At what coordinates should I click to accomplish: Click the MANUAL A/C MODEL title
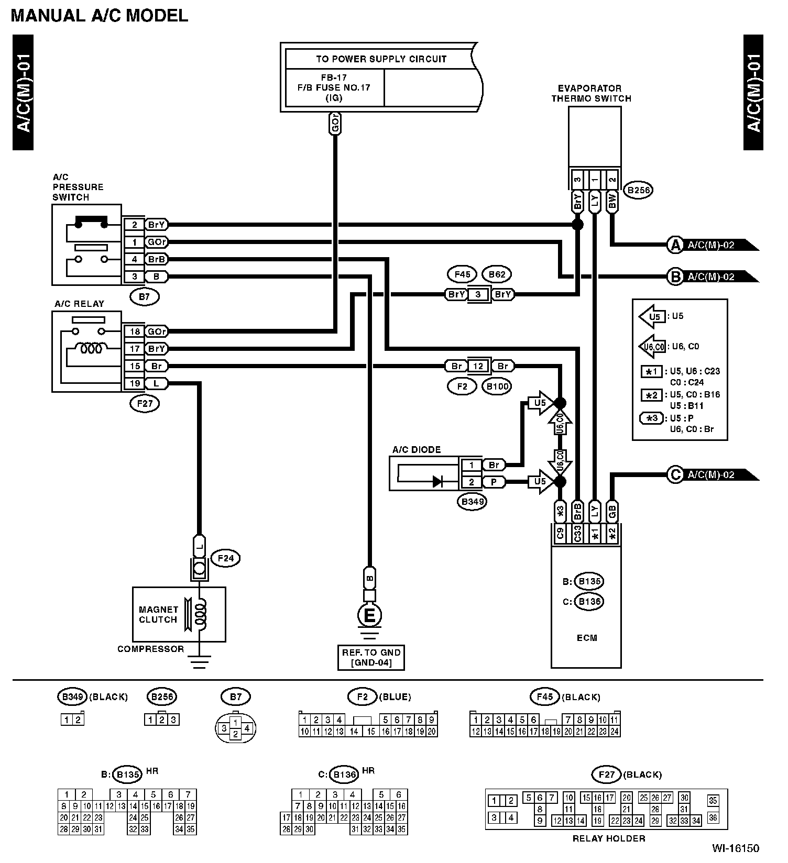pos(99,16)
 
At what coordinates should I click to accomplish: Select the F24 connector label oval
pos(225,558)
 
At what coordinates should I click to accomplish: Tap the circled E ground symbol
pos(369,616)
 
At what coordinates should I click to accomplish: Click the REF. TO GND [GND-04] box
pos(371,658)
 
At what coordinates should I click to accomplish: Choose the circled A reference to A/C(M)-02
pos(675,245)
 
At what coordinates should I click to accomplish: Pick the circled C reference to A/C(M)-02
pos(675,475)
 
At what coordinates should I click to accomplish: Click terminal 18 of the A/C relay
pos(135,331)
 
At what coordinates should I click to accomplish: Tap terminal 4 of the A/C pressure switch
pos(135,259)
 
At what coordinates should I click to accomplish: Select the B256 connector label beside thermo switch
pos(639,190)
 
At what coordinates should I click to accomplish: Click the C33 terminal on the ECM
pos(577,534)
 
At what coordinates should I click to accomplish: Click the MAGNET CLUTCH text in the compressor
pos(158,614)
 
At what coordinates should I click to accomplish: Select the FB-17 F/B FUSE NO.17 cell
pos(334,87)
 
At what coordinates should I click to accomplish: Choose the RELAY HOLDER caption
pos(609,838)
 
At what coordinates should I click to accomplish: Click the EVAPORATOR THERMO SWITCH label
pos(590,93)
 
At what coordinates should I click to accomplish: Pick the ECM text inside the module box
pos(586,638)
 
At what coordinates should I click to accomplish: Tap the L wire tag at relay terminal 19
pos(156,384)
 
